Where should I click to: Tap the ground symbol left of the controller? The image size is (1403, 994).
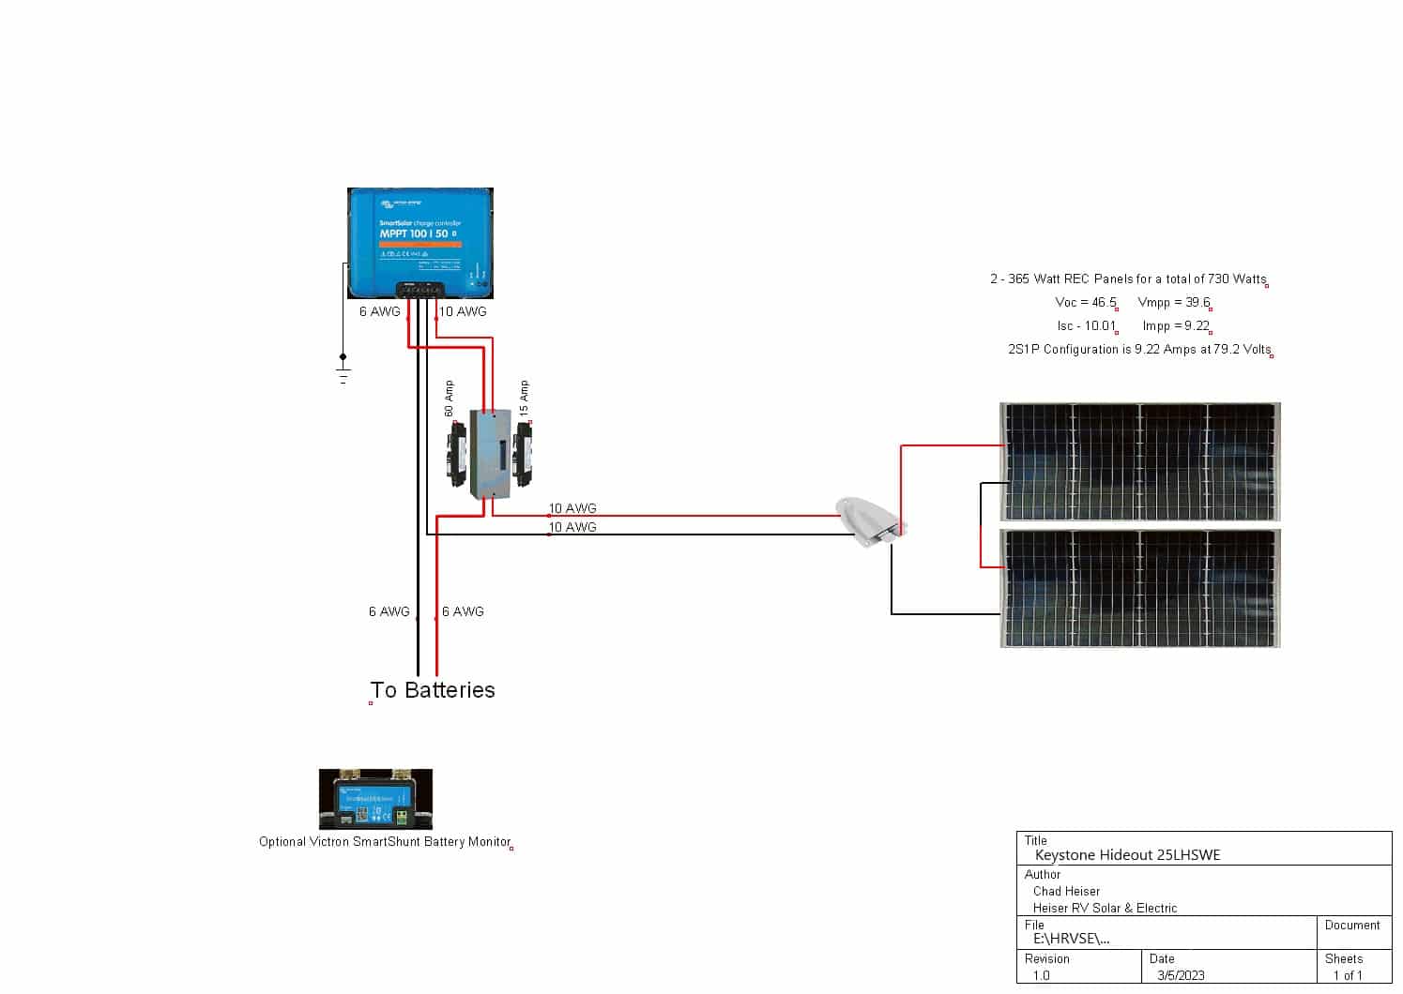coord(343,373)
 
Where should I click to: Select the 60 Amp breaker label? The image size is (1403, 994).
coord(450,399)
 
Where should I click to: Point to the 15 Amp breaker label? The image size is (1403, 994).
coord(525,398)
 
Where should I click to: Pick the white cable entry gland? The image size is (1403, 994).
coord(871,521)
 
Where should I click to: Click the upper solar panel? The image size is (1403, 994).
coord(1139,461)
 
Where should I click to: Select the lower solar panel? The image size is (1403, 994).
coord(1139,588)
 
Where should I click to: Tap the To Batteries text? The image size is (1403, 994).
coord(433,690)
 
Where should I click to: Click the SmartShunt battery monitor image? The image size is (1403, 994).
coord(375,799)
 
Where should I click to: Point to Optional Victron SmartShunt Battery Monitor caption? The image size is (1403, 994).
coord(385,842)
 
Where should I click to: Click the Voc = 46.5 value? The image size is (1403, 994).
coord(1086,303)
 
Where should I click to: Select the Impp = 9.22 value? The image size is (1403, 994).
coord(1176,326)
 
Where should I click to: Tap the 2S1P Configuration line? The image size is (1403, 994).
coord(1139,350)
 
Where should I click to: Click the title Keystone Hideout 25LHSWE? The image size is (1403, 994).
coord(1127,855)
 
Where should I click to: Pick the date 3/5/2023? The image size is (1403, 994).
coord(1181,975)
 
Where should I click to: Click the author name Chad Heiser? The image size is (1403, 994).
coord(1066,891)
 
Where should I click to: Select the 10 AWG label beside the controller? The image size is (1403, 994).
coord(464,311)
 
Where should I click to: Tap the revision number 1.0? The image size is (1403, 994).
coord(1042,975)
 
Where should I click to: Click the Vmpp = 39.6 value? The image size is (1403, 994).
coord(1173,303)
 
